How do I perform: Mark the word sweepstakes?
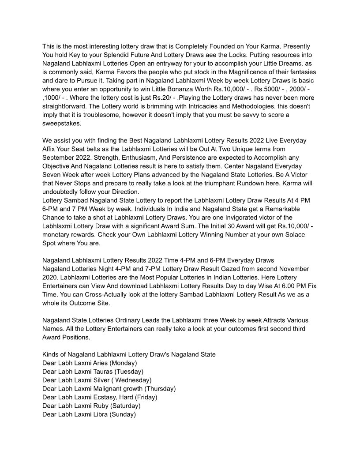[x=62, y=124]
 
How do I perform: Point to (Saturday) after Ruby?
[x=125, y=406]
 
